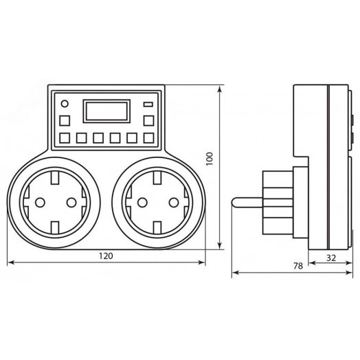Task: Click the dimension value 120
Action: pos(106,256)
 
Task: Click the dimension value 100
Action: pos(210,159)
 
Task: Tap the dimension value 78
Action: pos(298,266)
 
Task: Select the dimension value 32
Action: pos(331,258)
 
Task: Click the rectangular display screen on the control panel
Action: pos(106,111)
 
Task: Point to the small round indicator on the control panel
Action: pos(65,104)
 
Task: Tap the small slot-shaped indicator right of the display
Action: pos(148,104)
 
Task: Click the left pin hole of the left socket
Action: pos(40,203)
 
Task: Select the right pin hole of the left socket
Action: pos(71,203)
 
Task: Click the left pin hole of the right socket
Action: pos(142,203)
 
